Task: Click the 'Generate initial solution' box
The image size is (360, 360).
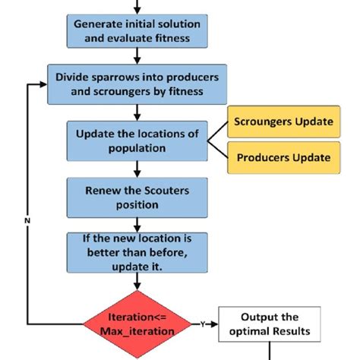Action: [137, 30]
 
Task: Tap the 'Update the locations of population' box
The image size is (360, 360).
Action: [137, 141]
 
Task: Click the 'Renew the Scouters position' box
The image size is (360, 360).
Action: [137, 195]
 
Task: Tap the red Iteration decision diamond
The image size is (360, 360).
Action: [137, 325]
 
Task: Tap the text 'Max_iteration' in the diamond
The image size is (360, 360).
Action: [137, 332]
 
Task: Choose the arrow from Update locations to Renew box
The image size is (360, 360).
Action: [137, 168]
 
